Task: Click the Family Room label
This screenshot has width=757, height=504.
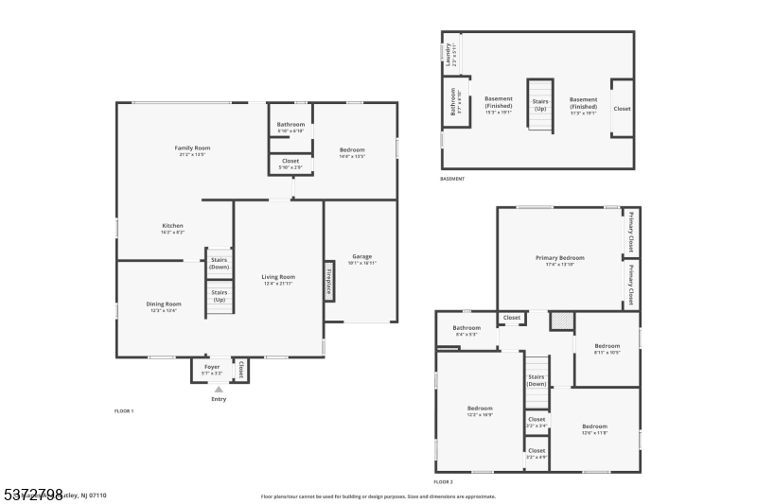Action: point(192,148)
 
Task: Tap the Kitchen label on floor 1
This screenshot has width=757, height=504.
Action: point(172,226)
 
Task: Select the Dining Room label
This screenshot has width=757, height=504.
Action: point(163,304)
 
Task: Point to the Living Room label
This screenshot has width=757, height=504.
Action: point(279,277)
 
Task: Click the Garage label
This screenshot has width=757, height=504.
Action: point(361,256)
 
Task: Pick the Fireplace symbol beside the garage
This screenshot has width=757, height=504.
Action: point(329,281)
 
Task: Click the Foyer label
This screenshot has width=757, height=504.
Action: point(212,366)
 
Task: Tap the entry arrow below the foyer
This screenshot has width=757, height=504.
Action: point(219,389)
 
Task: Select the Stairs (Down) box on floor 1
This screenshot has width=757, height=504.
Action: point(220,262)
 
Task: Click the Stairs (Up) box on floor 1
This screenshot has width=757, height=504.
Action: point(220,296)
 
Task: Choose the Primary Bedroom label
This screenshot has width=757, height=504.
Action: point(559,257)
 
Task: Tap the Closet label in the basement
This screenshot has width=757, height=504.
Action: point(622,109)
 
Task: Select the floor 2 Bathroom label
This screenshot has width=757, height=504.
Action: point(467,328)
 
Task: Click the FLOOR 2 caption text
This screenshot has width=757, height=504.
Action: point(444,482)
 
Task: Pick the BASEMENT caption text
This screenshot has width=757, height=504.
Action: point(452,179)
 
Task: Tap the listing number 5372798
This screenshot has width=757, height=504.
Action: point(32,494)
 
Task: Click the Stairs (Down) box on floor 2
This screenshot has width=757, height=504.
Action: point(537,380)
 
